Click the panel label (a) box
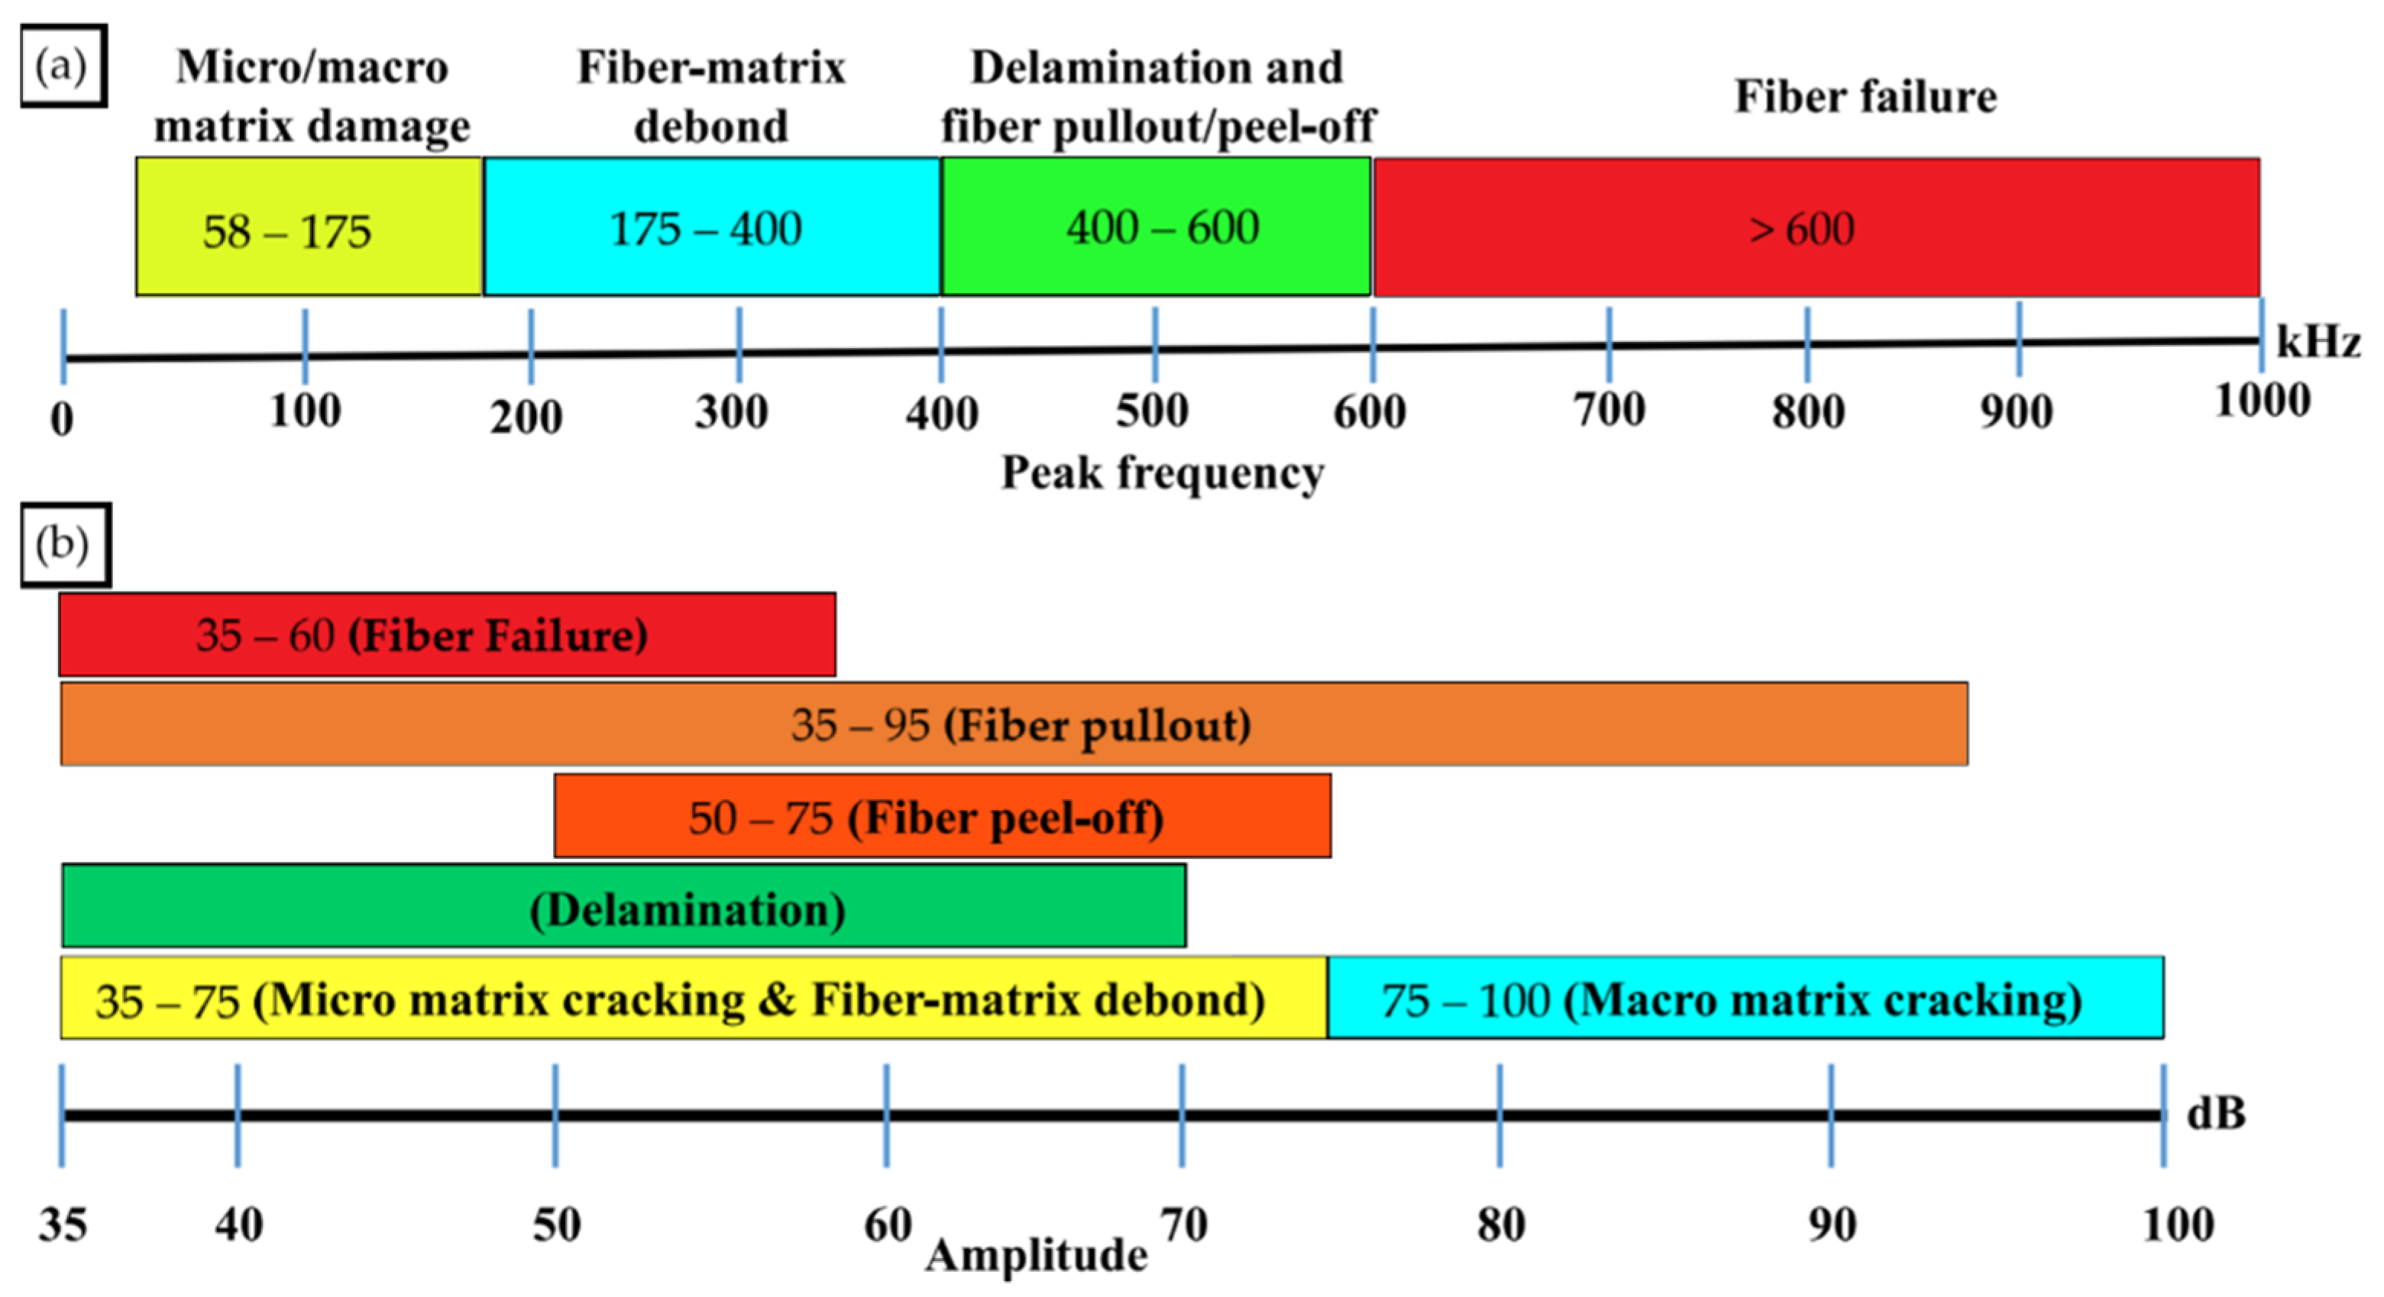pos(63,66)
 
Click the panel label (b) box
pos(65,545)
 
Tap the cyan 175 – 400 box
pos(710,227)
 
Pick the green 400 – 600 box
pos(1155,227)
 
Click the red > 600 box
pos(1816,227)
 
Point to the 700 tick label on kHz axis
pos(1610,410)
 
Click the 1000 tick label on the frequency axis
pos(2262,402)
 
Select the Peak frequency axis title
pos(1163,473)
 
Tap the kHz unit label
pos(2318,341)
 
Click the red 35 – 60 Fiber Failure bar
pos(447,634)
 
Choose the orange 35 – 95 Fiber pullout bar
pos(1014,724)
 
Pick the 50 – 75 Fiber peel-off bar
pos(942,817)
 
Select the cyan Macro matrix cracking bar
pos(1745,999)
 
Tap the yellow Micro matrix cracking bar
pos(692,999)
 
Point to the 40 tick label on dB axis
pos(239,1224)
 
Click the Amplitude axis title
pos(1037,1255)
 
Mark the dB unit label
pos(2215,1113)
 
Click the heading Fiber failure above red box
pos(1865,96)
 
